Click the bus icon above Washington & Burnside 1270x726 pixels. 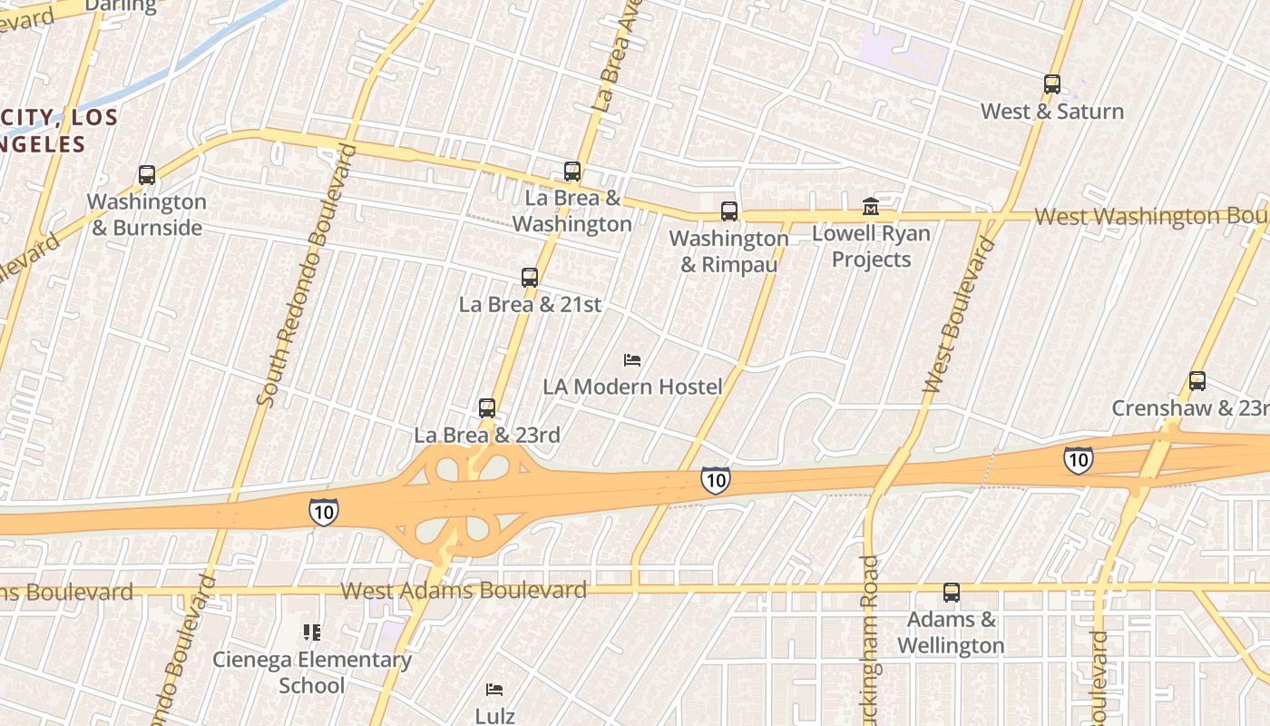point(147,175)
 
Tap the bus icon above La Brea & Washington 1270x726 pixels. point(572,172)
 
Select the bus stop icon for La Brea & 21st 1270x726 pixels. point(530,278)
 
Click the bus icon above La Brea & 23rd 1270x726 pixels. point(487,408)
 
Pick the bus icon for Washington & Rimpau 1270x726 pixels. point(729,211)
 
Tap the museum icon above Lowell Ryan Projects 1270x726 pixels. point(871,207)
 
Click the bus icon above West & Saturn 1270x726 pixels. point(1052,84)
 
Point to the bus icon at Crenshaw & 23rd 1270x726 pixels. point(1197,381)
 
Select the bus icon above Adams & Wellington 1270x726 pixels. point(952,594)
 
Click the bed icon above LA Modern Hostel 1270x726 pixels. point(632,360)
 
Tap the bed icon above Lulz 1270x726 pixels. point(494,690)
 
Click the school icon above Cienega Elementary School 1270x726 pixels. point(312,633)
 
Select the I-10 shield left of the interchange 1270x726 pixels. point(324,512)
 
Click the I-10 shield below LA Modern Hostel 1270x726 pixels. point(716,480)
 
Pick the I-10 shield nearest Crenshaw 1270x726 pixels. point(1078,460)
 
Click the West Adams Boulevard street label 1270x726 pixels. point(464,591)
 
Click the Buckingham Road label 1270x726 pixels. point(869,640)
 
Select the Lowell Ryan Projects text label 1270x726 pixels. point(871,246)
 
